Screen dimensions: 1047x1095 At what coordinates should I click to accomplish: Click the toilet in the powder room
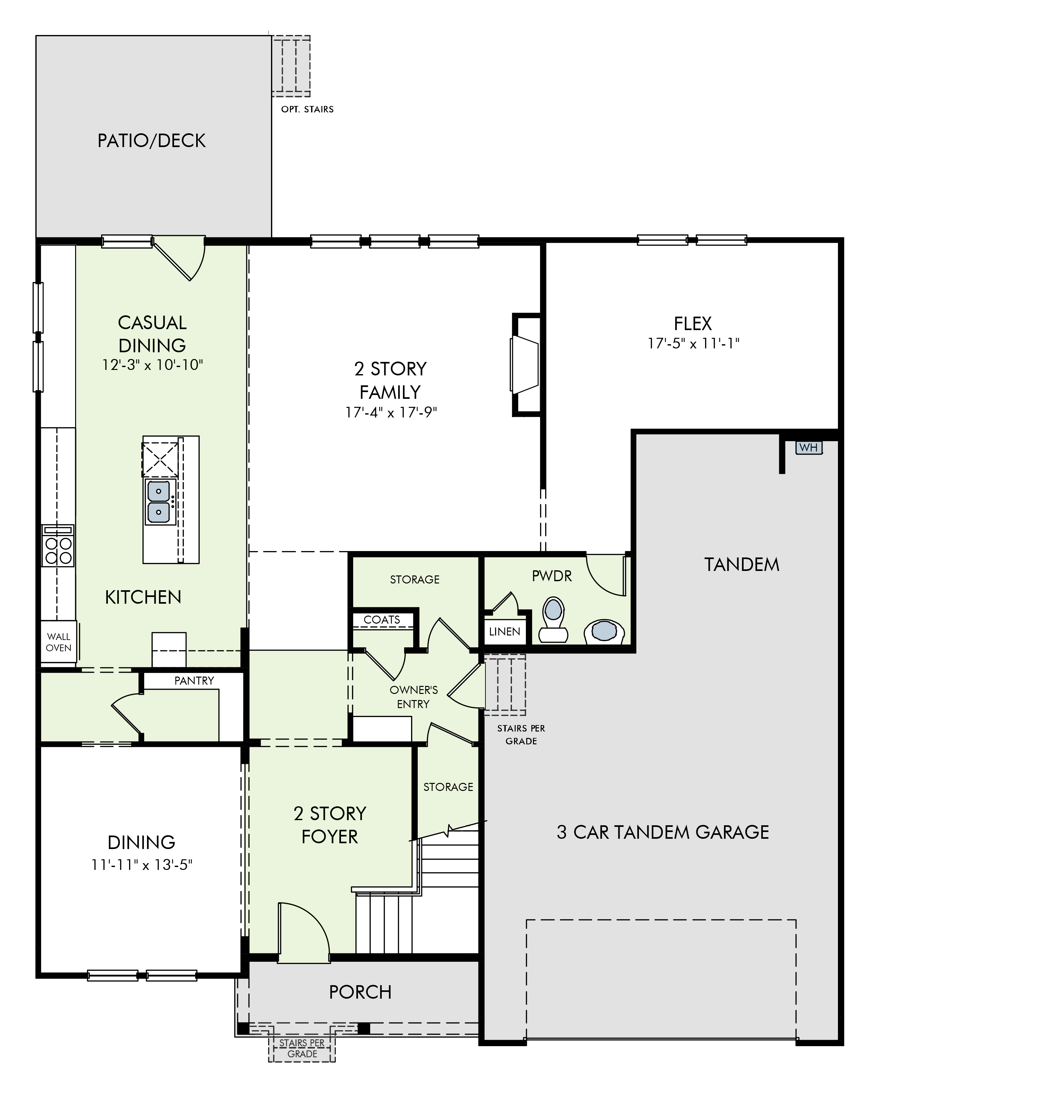pos(553,620)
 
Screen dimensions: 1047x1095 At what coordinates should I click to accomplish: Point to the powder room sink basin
pos(603,632)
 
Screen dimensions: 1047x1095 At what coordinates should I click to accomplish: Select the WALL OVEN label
pos(59,642)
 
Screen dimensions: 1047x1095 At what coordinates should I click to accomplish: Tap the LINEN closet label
pos(504,632)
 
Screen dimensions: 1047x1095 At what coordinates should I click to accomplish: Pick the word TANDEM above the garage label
pos(742,565)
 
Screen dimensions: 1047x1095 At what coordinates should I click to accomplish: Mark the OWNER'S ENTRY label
pos(414,697)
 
